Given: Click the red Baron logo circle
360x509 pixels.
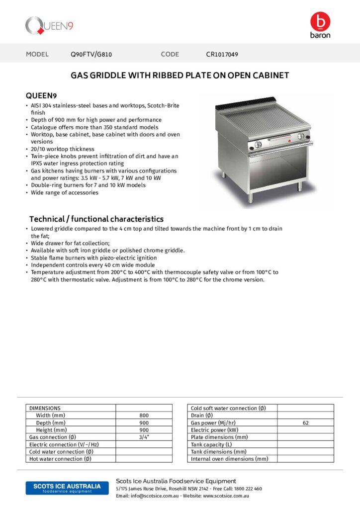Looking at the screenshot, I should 320,21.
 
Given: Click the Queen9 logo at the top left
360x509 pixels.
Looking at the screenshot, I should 50,25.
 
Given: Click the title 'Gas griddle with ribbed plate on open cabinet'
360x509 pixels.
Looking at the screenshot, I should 180,76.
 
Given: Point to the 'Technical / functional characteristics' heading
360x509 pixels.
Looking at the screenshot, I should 96,219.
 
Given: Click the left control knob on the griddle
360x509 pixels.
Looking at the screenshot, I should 258,144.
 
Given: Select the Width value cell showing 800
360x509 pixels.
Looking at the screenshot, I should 144,415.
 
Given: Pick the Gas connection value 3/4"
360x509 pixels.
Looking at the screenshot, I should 144,437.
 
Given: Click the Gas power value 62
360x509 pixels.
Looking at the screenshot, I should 305,423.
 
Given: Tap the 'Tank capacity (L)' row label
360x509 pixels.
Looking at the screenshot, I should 211,444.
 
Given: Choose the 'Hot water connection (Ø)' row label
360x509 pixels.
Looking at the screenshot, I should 60,459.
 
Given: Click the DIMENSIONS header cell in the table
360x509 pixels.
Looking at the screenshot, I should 45,408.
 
